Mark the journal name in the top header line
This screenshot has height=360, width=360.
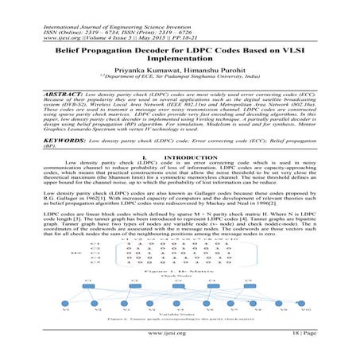point(111,7)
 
